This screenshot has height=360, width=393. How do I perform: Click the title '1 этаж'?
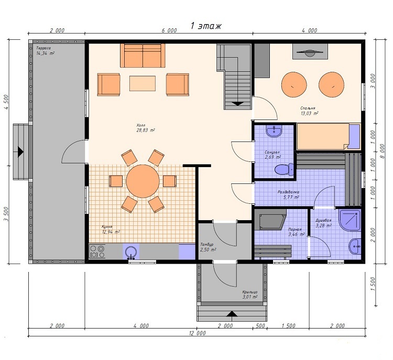pyautogui.click(x=206, y=26)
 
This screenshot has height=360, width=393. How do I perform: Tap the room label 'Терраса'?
pyautogui.click(x=43, y=48)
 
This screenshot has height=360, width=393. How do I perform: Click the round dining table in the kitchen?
pyautogui.click(x=143, y=181)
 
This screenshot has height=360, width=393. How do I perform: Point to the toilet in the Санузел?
pyautogui.click(x=284, y=169)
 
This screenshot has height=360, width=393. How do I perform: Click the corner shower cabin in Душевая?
pyautogui.click(x=350, y=220)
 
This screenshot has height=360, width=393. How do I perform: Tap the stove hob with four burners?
pyautogui.click(x=97, y=252)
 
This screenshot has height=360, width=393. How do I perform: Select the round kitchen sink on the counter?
pyautogui.click(x=131, y=252)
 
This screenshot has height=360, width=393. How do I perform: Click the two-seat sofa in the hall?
pyautogui.click(x=143, y=56)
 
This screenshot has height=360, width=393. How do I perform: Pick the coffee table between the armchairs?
pyautogui.click(x=143, y=83)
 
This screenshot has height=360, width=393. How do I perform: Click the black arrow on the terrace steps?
pyautogui.click(x=20, y=152)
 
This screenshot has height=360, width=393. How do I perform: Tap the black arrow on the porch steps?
pyautogui.click(x=232, y=313)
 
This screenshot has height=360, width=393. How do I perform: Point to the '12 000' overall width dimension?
pyautogui.click(x=197, y=333)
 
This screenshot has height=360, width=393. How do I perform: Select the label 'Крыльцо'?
pyautogui.click(x=249, y=292)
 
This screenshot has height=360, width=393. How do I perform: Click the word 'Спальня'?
pyautogui.click(x=308, y=108)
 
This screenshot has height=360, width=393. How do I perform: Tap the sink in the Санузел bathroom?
pyautogui.click(x=274, y=132)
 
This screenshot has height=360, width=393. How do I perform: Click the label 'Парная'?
pyautogui.click(x=294, y=229)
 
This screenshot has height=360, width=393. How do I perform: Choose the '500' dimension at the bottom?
pyautogui.click(x=260, y=325)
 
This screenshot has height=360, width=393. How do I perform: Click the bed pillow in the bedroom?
pyautogui.click(x=354, y=137)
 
